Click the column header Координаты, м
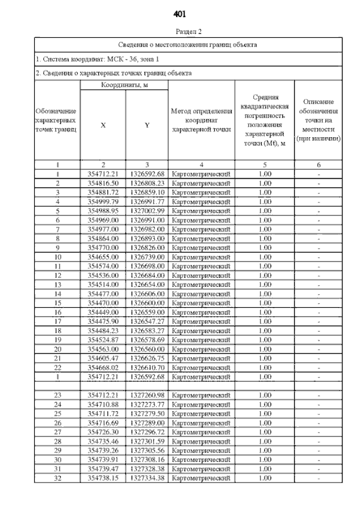(124, 85)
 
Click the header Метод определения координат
(201, 121)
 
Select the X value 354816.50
(103, 183)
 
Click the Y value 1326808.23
(147, 183)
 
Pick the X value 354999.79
(103, 201)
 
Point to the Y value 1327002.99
(147, 210)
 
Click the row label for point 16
(57, 312)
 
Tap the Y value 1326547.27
(147, 321)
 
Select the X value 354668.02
(103, 367)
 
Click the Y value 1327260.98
(147, 395)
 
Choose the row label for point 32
(57, 478)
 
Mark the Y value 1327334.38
(147, 478)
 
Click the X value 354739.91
(103, 459)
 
